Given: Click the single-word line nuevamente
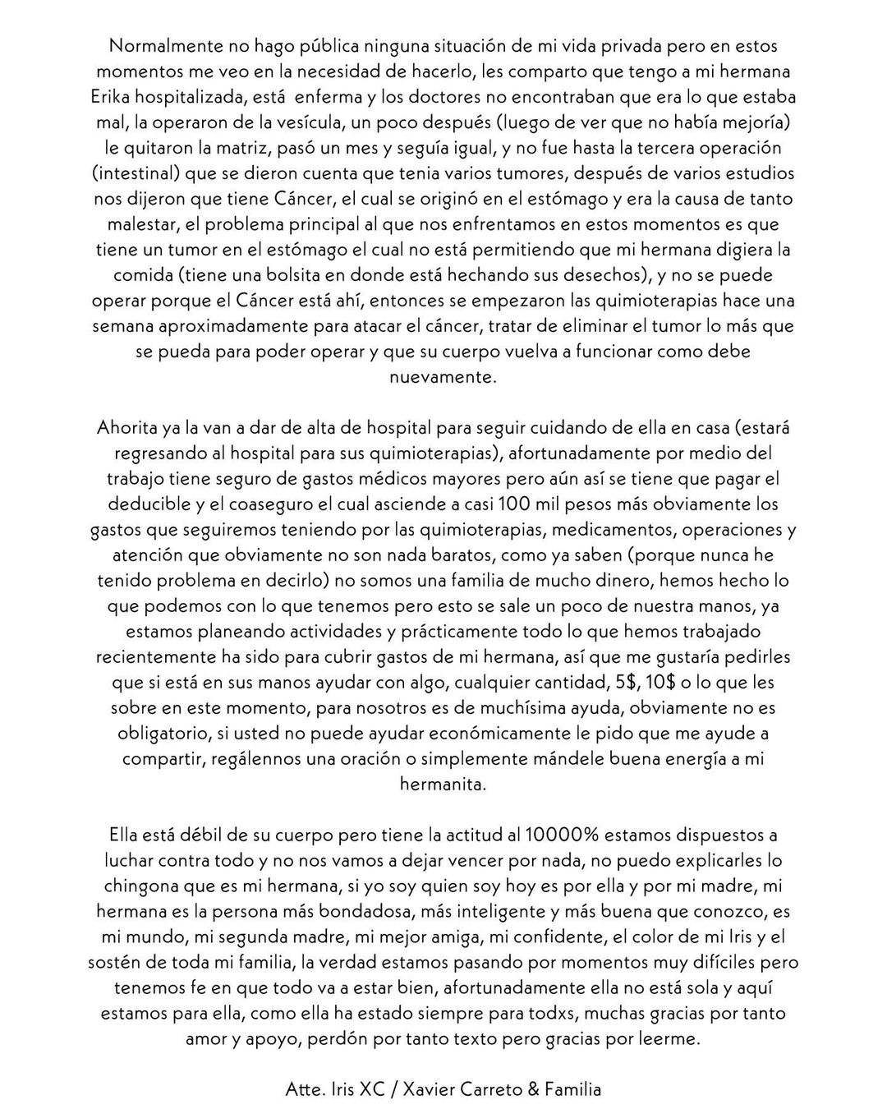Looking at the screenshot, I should click(x=443, y=377).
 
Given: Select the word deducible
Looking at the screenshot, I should click(x=129, y=504).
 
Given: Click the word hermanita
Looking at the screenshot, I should click(x=443, y=784).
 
